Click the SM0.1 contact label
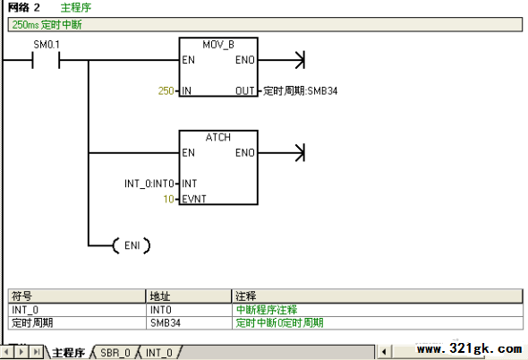click(47, 45)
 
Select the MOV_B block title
click(218, 45)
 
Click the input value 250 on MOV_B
click(166, 90)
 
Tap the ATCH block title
click(218, 137)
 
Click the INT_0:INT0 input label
click(149, 184)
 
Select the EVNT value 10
click(169, 199)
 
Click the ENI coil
click(132, 245)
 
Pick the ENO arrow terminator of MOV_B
click(300, 60)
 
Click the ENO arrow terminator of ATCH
click(300, 153)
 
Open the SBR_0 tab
click(115, 353)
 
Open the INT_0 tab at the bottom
click(159, 353)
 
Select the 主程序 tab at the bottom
click(68, 353)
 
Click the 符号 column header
click(21, 296)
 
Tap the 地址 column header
click(160, 296)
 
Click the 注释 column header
click(245, 296)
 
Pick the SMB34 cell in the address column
click(166, 323)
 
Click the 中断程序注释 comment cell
click(267, 310)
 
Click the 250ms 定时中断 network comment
click(47, 24)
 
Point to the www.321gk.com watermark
click(470, 348)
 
